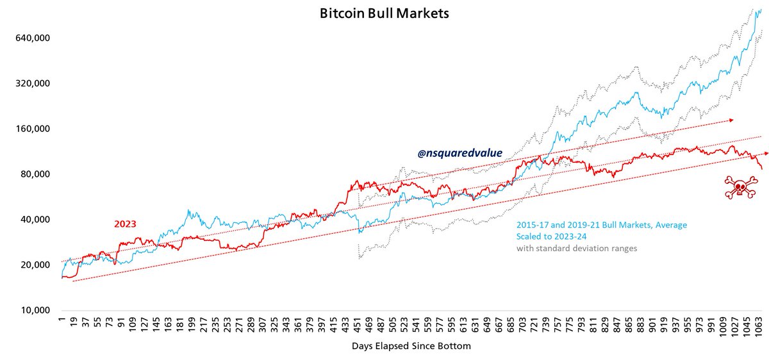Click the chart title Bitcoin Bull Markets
[x=384, y=13]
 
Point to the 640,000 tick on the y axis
[x=32, y=38]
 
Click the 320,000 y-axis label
[x=32, y=83]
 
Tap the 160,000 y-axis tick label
[x=32, y=129]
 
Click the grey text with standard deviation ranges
[x=576, y=249]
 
